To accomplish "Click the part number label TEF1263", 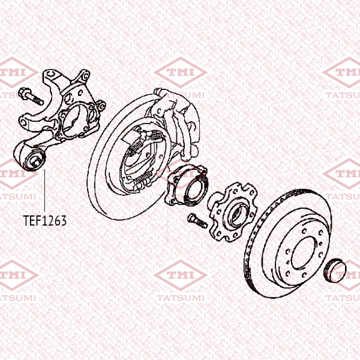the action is coord(45,220).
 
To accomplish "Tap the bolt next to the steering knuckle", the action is coord(31,97).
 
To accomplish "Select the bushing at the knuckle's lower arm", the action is coord(35,160).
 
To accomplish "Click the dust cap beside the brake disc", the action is coord(335,271).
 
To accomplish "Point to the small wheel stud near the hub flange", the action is coord(197,221).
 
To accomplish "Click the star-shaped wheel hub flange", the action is coord(232,212).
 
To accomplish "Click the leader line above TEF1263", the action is coord(44,190).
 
